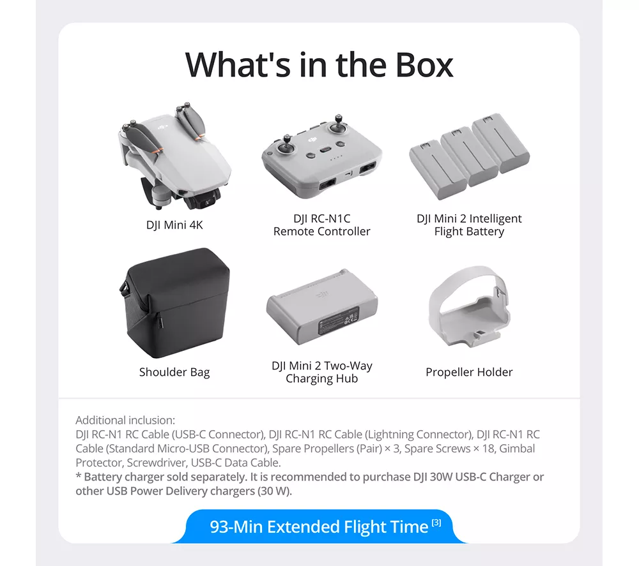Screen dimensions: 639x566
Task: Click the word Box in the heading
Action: tap(424, 64)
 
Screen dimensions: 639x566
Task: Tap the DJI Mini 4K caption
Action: tap(174, 225)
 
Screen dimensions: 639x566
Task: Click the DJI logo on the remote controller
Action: tap(312, 140)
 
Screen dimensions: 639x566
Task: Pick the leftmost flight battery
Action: tap(437, 170)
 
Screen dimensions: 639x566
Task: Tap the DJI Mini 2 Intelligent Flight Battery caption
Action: tap(469, 225)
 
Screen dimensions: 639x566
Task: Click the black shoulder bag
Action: tap(175, 303)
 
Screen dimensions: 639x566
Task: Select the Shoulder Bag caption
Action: tap(174, 372)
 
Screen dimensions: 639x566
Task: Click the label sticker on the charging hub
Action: tap(338, 320)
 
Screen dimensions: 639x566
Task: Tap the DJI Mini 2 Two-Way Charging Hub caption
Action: tap(322, 372)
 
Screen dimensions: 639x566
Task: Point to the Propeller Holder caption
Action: tap(469, 372)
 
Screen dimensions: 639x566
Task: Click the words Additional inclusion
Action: tap(125, 420)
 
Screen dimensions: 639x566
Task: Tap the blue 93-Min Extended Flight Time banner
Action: tap(319, 526)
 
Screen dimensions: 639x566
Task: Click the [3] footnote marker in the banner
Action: tap(436, 523)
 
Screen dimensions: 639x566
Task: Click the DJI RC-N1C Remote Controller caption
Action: tap(322, 225)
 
